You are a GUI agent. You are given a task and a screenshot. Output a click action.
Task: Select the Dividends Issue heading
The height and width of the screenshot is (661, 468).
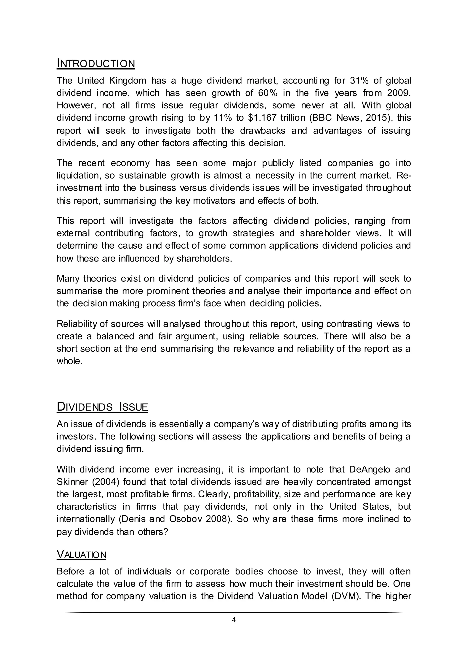pos(102,407)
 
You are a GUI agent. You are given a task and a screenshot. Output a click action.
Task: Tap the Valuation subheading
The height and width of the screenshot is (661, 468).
pos(82,554)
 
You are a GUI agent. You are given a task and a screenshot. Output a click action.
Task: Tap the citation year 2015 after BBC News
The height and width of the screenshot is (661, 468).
pos(382,118)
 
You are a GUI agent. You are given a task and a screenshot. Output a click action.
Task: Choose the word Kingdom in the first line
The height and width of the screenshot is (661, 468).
pos(128,81)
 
